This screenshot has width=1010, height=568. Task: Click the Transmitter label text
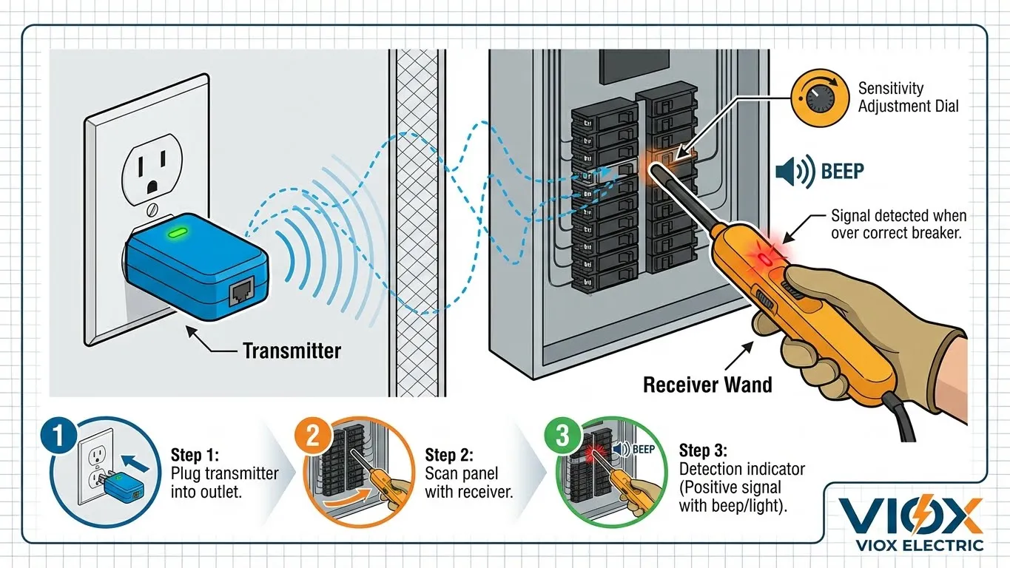pyautogui.click(x=292, y=350)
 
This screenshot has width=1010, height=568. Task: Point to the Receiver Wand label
pyautogui.click(x=707, y=385)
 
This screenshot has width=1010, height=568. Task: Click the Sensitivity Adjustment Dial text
pyautogui.click(x=907, y=97)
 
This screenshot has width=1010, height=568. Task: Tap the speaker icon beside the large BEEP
pyautogui.click(x=793, y=172)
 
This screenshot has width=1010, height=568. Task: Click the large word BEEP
pyautogui.click(x=843, y=172)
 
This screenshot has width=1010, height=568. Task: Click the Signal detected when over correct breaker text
pyautogui.click(x=898, y=223)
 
